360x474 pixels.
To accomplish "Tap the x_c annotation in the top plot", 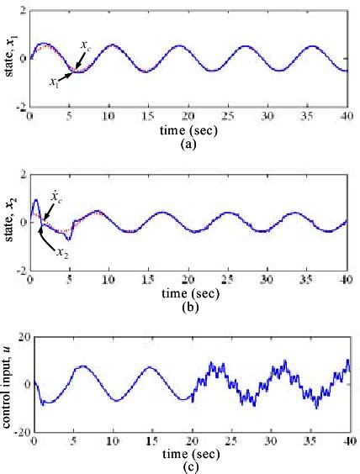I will coord(86,44).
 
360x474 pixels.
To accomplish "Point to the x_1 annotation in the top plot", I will coord(54,82).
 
